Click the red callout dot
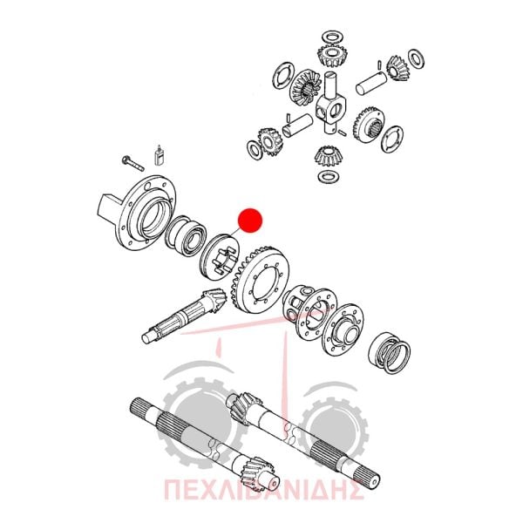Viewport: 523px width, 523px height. [250, 221]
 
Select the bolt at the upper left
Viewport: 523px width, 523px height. [132, 164]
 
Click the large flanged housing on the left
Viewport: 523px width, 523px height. [139, 214]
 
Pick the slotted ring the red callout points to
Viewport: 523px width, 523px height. [220, 256]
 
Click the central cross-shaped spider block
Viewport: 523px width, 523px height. [331, 106]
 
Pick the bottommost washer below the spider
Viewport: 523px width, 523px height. [329, 176]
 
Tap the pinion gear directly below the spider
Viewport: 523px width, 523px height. [329, 157]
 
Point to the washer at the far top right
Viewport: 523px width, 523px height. [417, 59]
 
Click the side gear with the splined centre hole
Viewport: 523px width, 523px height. [369, 124]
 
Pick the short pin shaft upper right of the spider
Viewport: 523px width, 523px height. [371, 83]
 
